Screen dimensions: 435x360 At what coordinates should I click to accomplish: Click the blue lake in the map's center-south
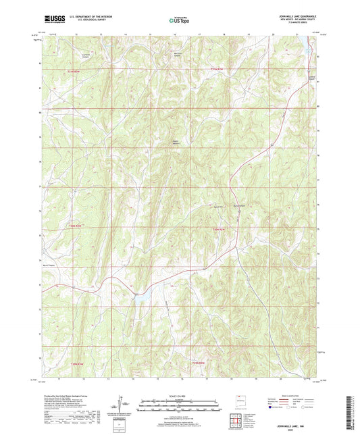point(143,295)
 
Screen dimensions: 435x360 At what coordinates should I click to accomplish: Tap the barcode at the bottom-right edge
point(351,412)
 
